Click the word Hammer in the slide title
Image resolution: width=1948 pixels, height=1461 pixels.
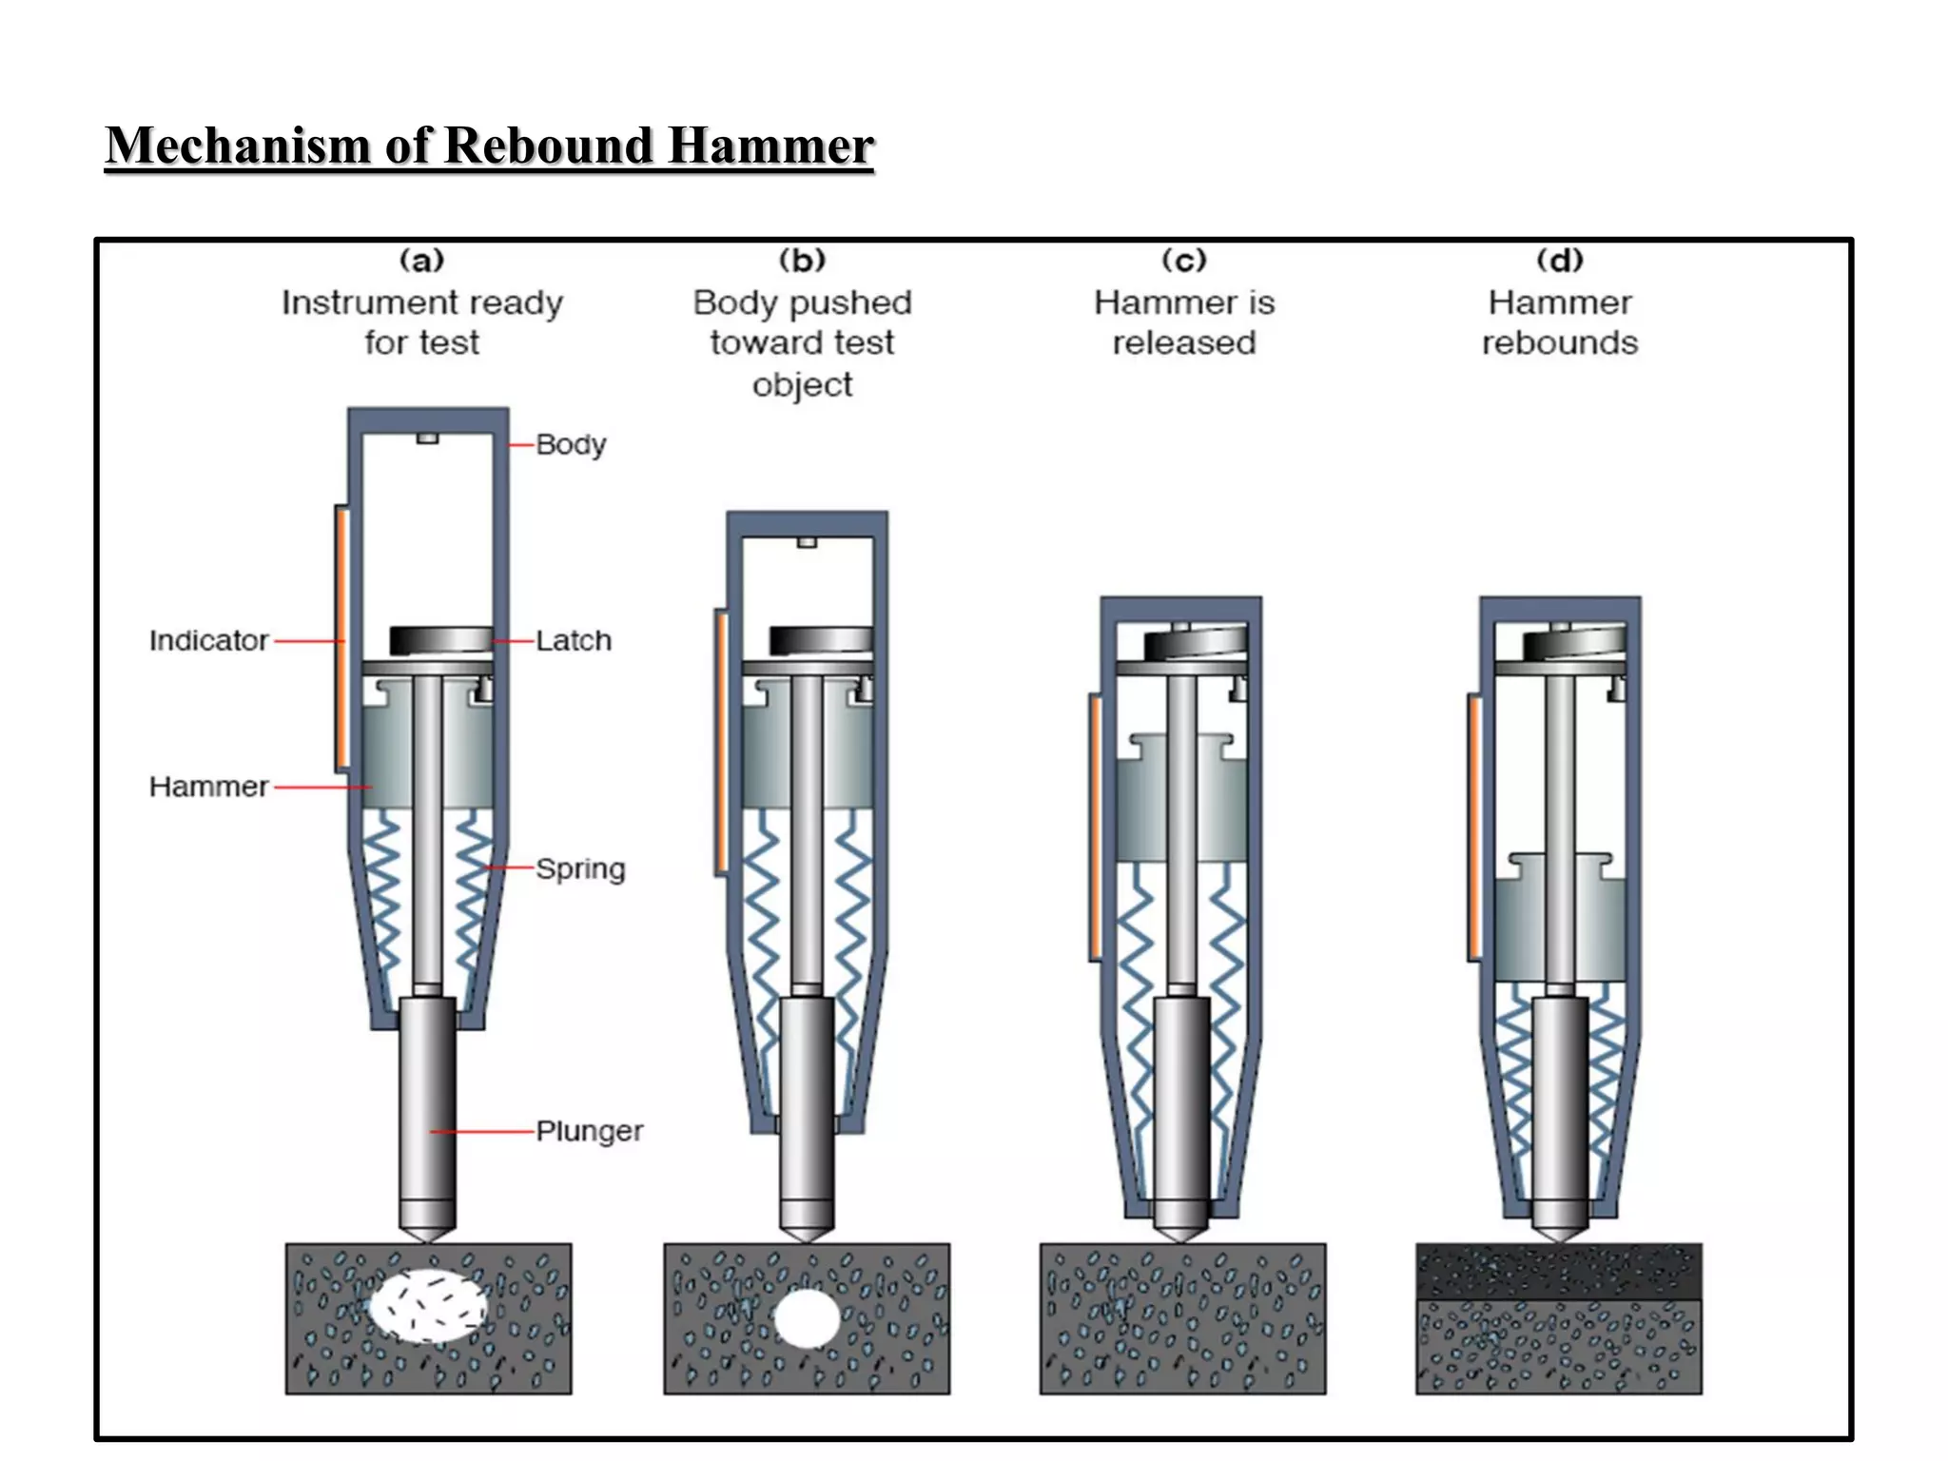click(x=769, y=146)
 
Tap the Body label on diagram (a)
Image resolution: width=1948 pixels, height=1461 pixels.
click(x=571, y=444)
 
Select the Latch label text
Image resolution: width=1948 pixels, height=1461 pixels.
click(x=573, y=640)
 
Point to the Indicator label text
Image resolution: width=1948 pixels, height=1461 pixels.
click(x=208, y=640)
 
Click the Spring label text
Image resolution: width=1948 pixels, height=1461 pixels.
click(x=580, y=868)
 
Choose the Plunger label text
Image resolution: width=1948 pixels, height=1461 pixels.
click(x=589, y=1131)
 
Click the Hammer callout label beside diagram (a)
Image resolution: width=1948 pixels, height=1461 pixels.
click(x=208, y=787)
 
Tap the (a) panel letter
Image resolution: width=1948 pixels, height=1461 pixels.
click(x=421, y=260)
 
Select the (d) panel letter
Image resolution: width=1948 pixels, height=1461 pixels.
click(x=1559, y=260)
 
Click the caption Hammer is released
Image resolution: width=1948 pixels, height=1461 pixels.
click(x=1184, y=322)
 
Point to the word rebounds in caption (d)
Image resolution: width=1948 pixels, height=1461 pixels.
click(x=1559, y=342)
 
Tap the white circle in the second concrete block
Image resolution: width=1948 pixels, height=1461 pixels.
click(x=807, y=1318)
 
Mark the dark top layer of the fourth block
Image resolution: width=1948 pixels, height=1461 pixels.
click(x=1558, y=1272)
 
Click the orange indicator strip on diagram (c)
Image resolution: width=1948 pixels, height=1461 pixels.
click(x=1095, y=826)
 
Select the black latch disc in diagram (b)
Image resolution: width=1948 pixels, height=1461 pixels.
click(x=820, y=639)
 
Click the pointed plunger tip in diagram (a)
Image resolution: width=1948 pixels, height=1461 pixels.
click(x=427, y=1233)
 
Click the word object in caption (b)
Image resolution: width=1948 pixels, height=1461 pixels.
click(x=802, y=385)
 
